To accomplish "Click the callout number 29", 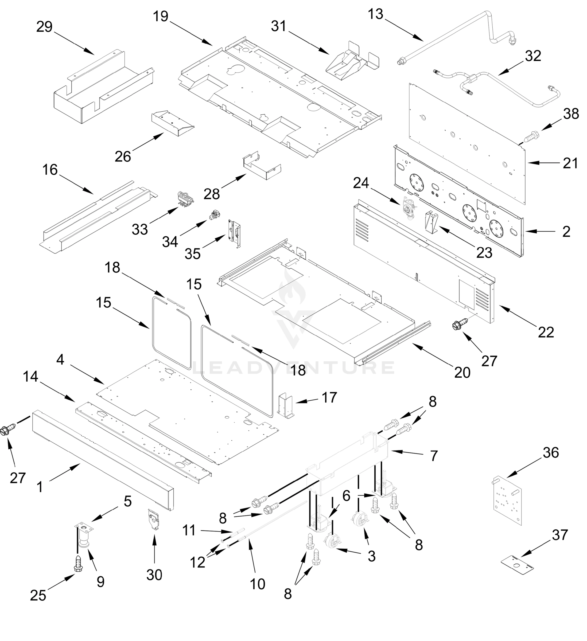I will coord(44,27).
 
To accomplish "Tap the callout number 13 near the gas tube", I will coord(376,14).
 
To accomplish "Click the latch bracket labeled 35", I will coord(235,233).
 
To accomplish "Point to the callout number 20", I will coord(462,372).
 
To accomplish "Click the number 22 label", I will coord(546,333).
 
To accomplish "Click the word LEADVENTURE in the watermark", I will coord(293,368).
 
